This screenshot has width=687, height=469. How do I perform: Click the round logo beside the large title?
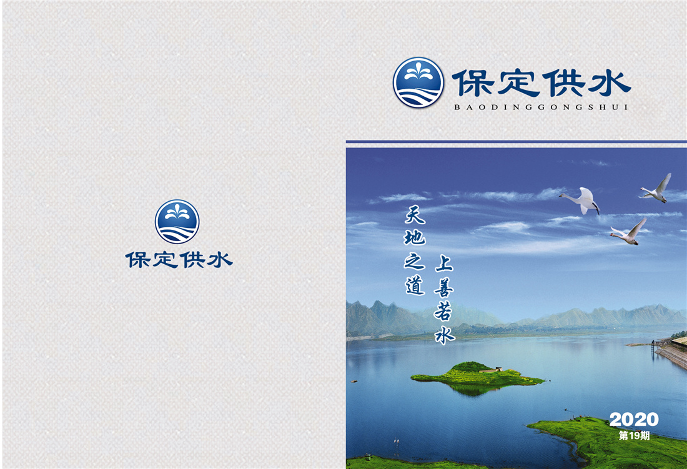click(x=418, y=82)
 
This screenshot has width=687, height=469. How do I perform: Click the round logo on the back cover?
click(x=177, y=222)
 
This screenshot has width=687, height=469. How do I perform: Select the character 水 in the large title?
click(x=610, y=83)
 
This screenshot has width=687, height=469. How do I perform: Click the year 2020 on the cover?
click(x=633, y=420)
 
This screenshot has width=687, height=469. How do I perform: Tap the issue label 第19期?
click(x=634, y=435)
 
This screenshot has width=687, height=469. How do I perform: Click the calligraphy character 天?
click(x=415, y=214)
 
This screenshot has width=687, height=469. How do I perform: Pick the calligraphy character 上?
click(x=444, y=264)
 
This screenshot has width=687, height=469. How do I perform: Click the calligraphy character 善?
click(x=444, y=288)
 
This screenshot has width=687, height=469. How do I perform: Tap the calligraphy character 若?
click(x=443, y=312)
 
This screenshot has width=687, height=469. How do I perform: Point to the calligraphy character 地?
click(x=415, y=238)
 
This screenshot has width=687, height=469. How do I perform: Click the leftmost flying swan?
click(x=581, y=200)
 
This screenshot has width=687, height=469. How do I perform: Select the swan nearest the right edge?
click(x=656, y=189)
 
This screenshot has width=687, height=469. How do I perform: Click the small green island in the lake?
click(x=478, y=377)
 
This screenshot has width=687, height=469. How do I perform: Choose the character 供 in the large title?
click(x=565, y=83)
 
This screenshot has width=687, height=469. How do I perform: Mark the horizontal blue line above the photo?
click(x=516, y=141)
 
